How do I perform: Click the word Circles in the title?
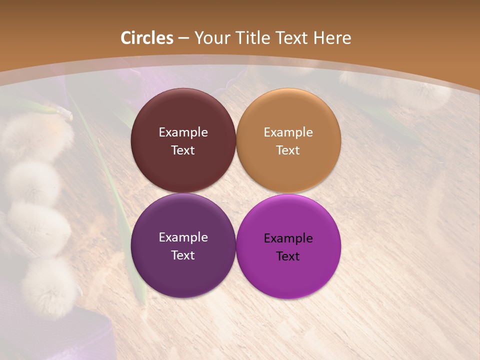click(147, 38)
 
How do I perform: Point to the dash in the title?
click(183, 38)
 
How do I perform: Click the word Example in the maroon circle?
click(183, 132)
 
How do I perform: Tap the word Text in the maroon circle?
click(183, 150)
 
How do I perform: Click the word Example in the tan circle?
click(288, 132)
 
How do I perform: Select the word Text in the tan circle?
click(288, 150)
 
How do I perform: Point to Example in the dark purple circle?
click(183, 237)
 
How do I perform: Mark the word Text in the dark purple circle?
click(183, 255)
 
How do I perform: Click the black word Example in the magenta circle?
click(288, 238)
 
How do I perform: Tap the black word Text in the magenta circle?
click(288, 256)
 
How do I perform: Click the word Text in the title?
click(294, 38)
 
